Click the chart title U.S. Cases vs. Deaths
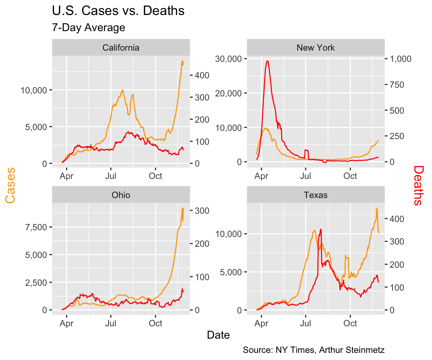[118, 11]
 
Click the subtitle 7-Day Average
[88, 27]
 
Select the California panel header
[121, 48]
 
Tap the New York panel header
[315, 48]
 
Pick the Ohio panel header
[121, 195]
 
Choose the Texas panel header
[315, 195]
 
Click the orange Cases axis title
[11, 186]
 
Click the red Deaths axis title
[418, 186]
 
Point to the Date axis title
[218, 335]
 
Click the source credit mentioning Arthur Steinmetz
[313, 350]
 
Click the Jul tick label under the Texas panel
[306, 322]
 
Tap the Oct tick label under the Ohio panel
[155, 322]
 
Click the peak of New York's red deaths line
[267, 61]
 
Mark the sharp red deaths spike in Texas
[321, 229]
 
